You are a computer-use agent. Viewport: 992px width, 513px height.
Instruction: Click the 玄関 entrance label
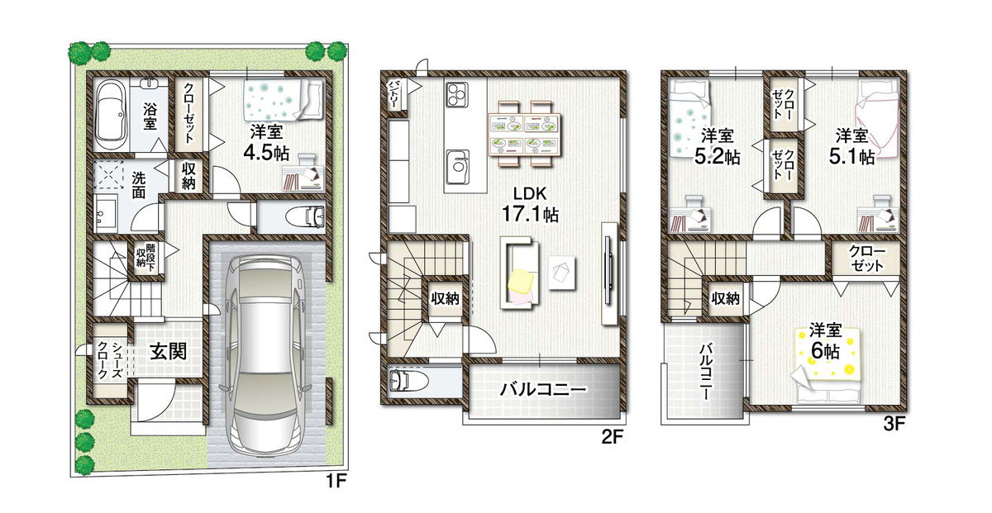169,352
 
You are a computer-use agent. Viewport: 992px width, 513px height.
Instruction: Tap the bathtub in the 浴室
112,116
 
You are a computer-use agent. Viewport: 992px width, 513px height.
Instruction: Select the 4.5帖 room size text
266,153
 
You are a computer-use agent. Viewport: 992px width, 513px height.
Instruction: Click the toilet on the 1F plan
306,217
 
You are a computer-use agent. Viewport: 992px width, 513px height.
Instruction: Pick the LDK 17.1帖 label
530,205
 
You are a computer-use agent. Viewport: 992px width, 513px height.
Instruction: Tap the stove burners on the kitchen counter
457,94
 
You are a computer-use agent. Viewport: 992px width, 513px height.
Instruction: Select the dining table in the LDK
525,134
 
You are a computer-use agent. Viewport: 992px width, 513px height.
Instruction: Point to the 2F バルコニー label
543,390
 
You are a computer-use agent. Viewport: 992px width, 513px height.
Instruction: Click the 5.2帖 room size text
718,157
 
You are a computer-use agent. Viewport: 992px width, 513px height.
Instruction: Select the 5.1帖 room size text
851,157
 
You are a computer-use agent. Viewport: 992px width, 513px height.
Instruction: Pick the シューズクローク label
110,360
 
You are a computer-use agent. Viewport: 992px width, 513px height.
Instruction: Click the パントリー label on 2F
393,95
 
